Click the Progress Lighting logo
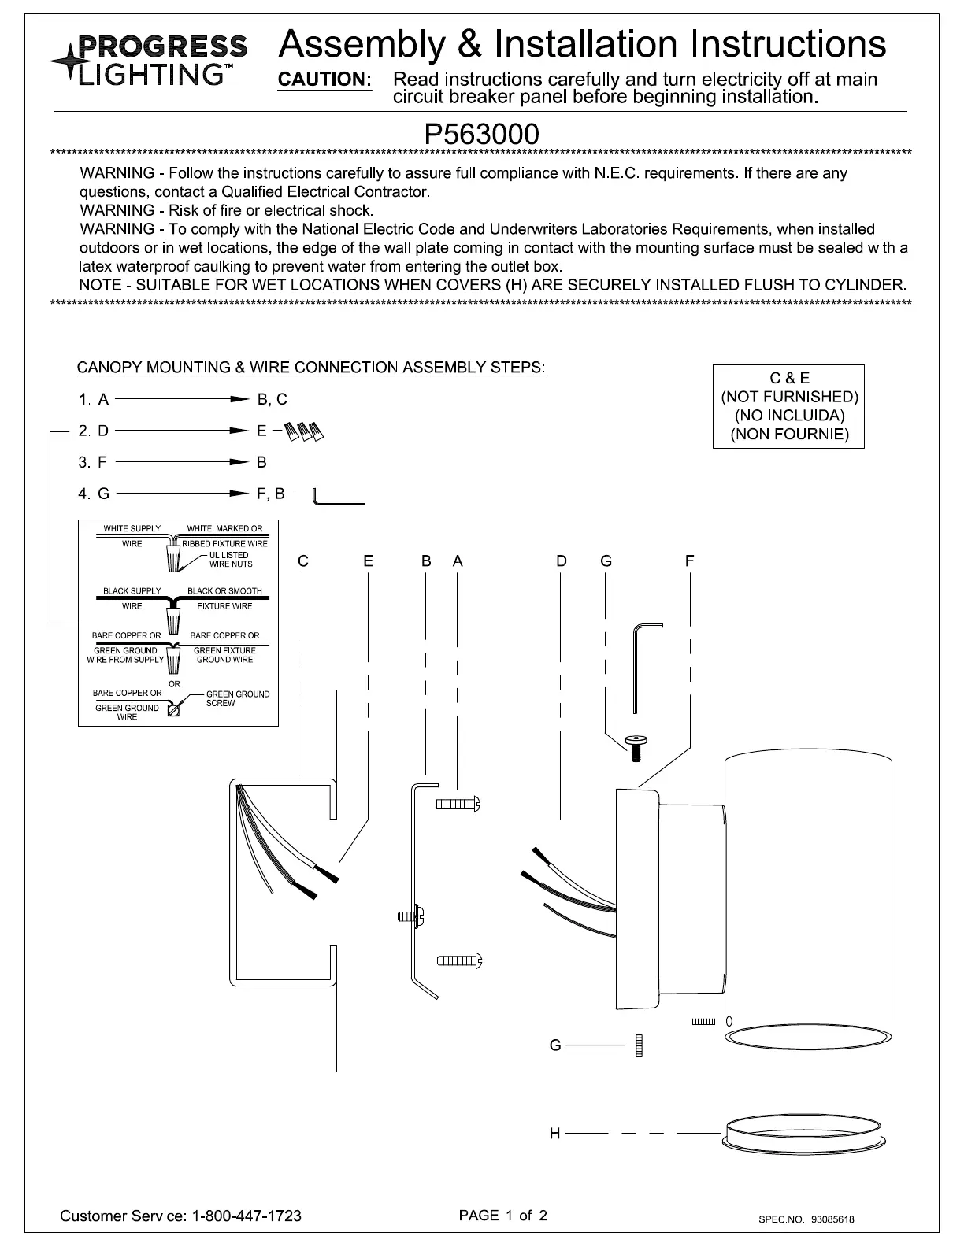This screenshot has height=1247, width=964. pos(149,60)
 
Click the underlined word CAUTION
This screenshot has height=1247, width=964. pos(324,80)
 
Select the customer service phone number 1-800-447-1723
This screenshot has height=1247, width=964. pos(247,1216)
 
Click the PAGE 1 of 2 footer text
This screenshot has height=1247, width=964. pos(502,1215)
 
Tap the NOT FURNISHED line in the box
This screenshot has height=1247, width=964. pos(789,397)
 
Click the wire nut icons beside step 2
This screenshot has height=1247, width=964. pos(306,431)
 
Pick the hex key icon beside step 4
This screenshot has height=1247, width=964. pos(338,498)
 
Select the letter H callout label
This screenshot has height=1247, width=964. pos(554,1134)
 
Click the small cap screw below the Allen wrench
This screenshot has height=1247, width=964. pos(636,747)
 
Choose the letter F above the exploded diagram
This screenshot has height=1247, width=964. pos(689,561)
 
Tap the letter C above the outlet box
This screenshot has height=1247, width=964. pos(302,561)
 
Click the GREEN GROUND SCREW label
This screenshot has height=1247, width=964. pos(237,698)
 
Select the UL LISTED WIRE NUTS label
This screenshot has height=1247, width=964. pos(230,559)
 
